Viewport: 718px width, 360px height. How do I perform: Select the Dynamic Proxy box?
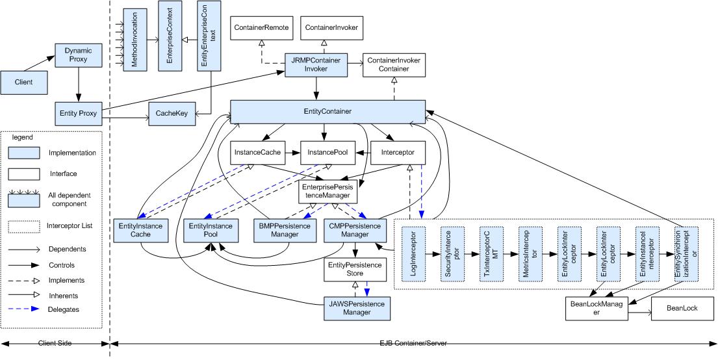pyautogui.click(x=79, y=55)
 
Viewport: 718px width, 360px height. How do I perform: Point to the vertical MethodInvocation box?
pyautogui.click(x=135, y=36)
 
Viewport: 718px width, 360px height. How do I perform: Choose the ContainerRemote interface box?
pyautogui.click(x=261, y=27)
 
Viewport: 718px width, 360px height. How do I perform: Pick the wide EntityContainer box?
pyautogui.click(x=328, y=112)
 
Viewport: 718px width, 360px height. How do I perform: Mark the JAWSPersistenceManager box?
pyautogui.click(x=357, y=308)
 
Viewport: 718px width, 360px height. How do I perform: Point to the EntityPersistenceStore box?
pyautogui.click(x=357, y=268)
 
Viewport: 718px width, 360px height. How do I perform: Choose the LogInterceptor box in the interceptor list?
pyautogui.click(x=413, y=253)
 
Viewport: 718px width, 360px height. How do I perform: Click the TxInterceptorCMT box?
pyautogui.click(x=491, y=253)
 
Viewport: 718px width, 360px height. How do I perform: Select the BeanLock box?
pyautogui.click(x=681, y=309)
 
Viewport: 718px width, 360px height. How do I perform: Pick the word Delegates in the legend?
pyautogui.click(x=64, y=309)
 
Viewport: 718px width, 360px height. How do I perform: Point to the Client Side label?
pyautogui.click(x=54, y=343)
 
